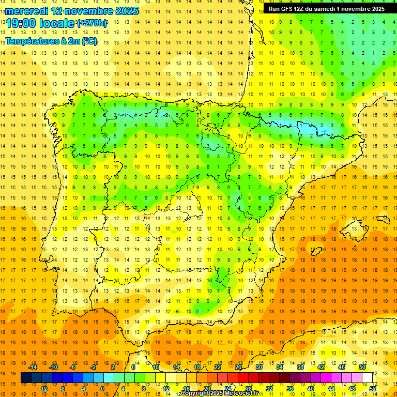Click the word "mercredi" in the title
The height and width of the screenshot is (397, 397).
click(x=26, y=11)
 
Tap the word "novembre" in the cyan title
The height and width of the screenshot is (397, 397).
click(x=87, y=11)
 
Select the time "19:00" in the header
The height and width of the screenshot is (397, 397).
click(x=21, y=23)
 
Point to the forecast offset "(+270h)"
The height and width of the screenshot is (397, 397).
click(x=92, y=23)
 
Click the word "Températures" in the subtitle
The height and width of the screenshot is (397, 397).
click(x=32, y=41)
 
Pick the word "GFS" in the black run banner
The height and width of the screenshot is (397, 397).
click(x=287, y=9)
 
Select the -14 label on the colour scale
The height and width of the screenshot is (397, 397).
click(x=33, y=367)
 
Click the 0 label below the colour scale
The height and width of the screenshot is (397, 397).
click(x=102, y=388)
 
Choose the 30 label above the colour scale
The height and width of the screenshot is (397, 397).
click(x=258, y=367)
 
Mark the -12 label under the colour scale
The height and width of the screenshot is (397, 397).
click(x=43, y=388)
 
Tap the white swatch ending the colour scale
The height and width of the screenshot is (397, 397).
click(x=368, y=377)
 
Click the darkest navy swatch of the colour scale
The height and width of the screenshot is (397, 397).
click(x=26, y=377)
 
